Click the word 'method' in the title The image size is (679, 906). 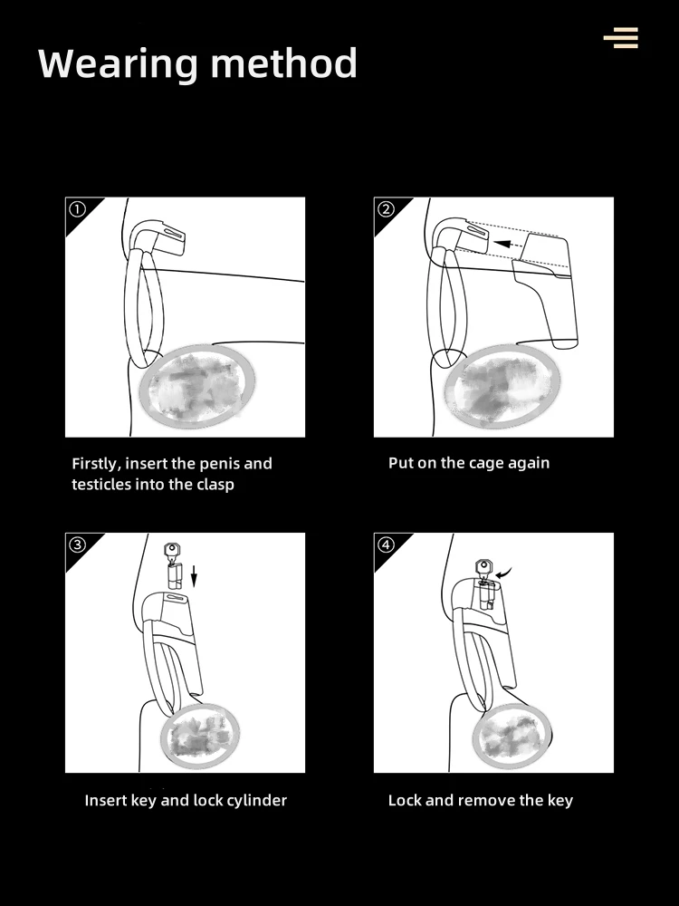tap(284, 63)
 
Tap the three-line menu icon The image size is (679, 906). tap(621, 37)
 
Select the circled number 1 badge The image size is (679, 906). tap(77, 209)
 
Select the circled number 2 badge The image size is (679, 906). tap(386, 209)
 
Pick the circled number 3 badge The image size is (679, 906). tap(77, 545)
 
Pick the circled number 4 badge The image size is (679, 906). tap(386, 545)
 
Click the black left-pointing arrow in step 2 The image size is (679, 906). tap(509, 244)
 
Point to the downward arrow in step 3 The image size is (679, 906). tap(194, 576)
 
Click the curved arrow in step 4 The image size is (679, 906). tap(503, 573)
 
